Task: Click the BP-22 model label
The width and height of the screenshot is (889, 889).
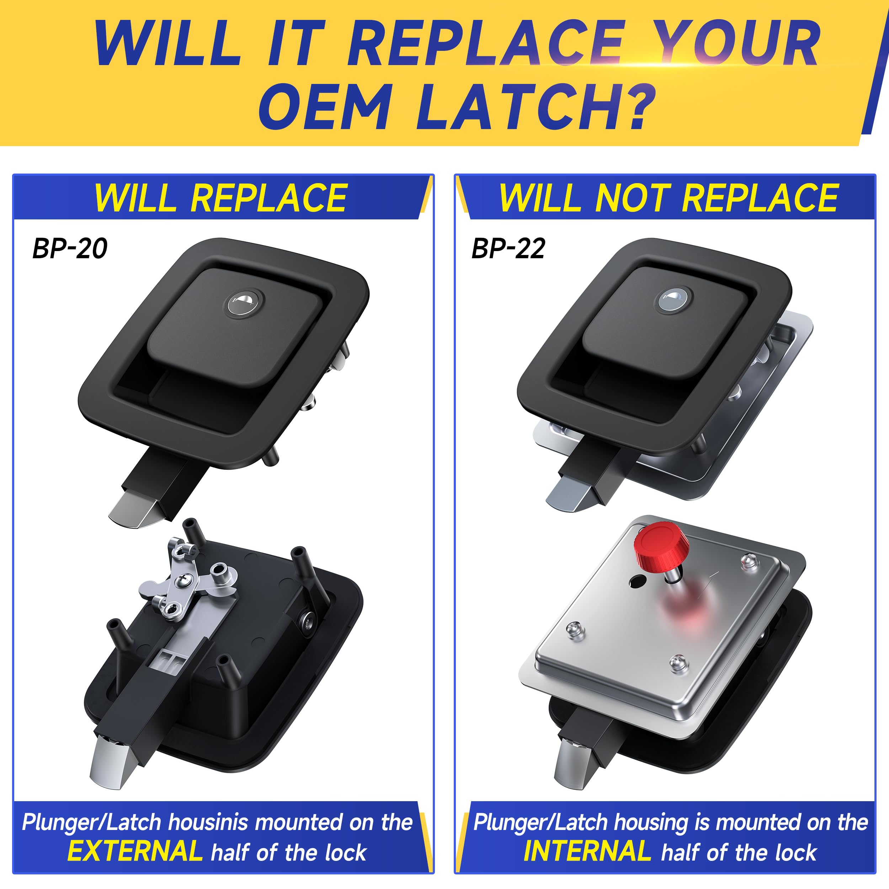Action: pyautogui.click(x=508, y=249)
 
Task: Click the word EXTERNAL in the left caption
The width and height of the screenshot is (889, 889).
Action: pyautogui.click(x=135, y=851)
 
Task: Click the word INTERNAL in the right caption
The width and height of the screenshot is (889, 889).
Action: pyautogui.click(x=587, y=851)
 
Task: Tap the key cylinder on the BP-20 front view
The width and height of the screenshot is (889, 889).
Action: pyautogui.click(x=244, y=304)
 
